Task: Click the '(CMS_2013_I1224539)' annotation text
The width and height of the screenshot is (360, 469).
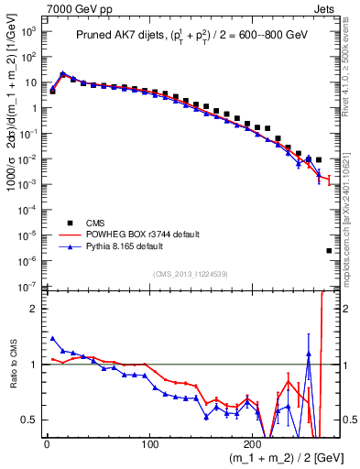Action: click(191, 272)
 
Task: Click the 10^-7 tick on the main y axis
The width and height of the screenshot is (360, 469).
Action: click(28, 287)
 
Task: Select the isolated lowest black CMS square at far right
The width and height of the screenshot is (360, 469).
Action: click(329, 250)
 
